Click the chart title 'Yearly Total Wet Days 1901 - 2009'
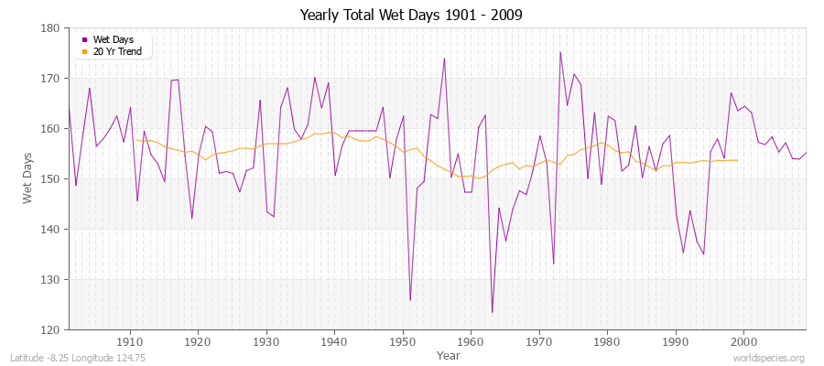pos(411,16)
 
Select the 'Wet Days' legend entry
pos(114,39)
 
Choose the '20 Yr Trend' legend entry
pos(117,51)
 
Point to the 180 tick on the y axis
pos(53,28)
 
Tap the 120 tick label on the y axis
pos(53,329)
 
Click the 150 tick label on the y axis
pos(53,178)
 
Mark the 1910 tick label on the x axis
pos(129,341)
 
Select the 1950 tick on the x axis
pos(402,341)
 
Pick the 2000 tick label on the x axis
pos(743,341)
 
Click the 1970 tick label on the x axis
pos(538,341)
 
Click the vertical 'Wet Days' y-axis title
pos(29,178)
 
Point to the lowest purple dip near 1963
pos(492,313)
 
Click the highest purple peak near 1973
pos(560,52)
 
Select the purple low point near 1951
pos(410,299)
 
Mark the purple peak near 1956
pos(444,59)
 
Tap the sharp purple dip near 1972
pos(553,264)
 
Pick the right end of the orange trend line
pos(738,160)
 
